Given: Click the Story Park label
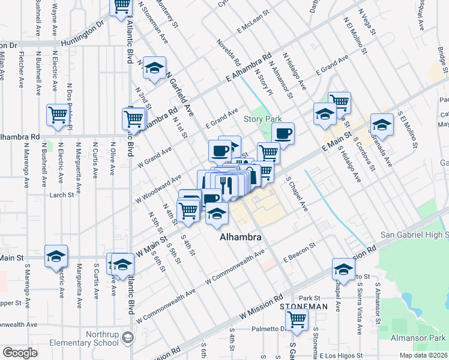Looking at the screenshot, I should [x=262, y=119].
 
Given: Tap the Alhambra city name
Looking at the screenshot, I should [x=241, y=237].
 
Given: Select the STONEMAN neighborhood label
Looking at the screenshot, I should [x=304, y=306].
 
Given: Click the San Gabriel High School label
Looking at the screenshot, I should [x=415, y=234].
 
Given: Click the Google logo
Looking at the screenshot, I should [x=20, y=353].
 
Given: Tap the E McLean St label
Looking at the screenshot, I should [x=254, y=25].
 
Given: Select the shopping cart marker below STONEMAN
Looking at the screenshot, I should [x=297, y=321].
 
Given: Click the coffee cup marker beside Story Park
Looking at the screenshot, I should [x=283, y=133].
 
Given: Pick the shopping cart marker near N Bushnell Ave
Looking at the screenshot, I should [x=58, y=115].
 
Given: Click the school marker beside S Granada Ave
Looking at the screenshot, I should [x=382, y=125].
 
